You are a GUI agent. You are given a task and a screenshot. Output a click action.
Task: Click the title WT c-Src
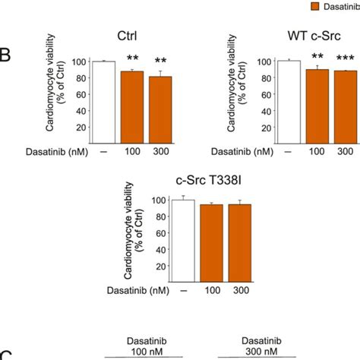click(x=315, y=37)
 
